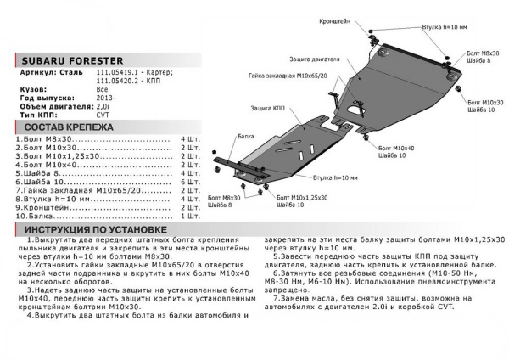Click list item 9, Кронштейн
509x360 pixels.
tap(42, 208)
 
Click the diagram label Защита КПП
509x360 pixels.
tap(268, 110)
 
